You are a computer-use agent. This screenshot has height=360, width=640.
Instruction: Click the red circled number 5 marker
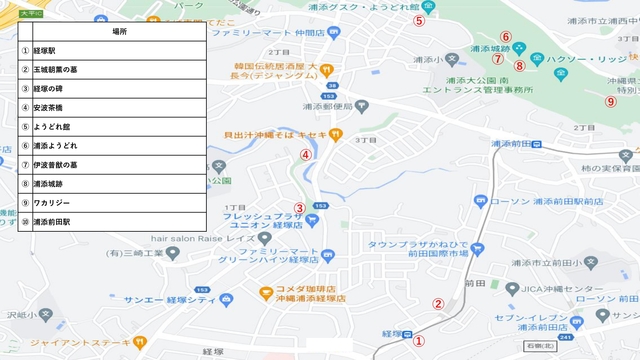coord(420,20)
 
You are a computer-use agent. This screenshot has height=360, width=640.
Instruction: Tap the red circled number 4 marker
coord(305,154)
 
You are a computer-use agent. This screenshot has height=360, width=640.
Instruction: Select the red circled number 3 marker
coord(299,208)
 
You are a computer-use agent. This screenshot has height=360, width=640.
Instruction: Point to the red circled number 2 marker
coord(437,304)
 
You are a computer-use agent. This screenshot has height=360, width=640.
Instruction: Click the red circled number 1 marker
coord(420,340)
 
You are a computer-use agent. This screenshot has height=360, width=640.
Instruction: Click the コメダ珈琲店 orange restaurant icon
coord(266,293)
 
